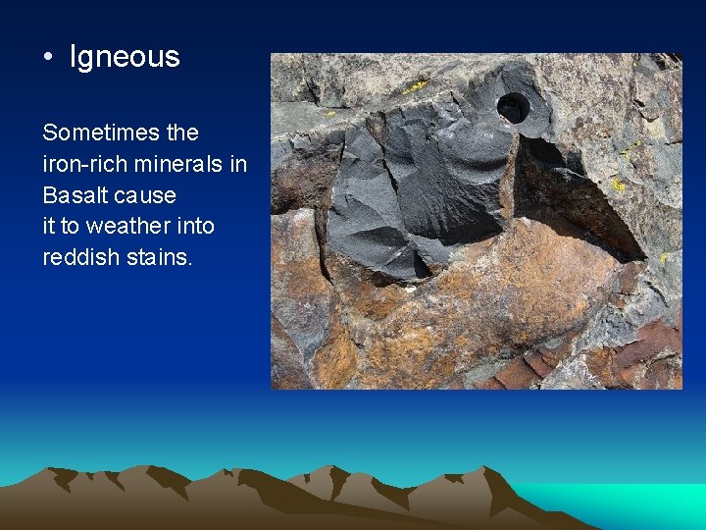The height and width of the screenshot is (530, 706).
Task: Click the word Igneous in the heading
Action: click(x=125, y=57)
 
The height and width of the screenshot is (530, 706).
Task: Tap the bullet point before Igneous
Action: click(x=49, y=57)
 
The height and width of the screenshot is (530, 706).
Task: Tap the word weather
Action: click(x=125, y=226)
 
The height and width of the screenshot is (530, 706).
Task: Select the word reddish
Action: click(x=78, y=257)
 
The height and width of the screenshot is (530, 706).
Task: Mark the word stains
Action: click(x=160, y=257)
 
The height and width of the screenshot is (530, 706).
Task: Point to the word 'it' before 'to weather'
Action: click(x=49, y=226)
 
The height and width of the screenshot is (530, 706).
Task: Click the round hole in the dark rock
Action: click(x=512, y=107)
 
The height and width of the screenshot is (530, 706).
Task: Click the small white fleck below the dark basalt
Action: click(x=410, y=289)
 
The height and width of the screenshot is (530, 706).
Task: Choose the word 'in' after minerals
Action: click(x=238, y=164)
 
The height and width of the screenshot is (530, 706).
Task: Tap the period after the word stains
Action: click(x=196, y=262)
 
